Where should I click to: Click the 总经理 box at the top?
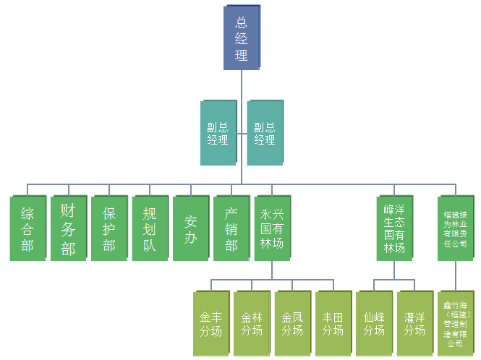[242, 38]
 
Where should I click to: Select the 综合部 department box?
[27, 228]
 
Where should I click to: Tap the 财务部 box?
[68, 228]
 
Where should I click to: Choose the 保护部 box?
[108, 228]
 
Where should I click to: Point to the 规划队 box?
[150, 228]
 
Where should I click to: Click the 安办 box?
[190, 228]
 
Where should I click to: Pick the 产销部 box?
[231, 228]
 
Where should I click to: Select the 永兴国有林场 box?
[271, 228]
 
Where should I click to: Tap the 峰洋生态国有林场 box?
[394, 228]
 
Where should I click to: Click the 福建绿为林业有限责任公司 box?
[456, 228]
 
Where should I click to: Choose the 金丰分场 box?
[210, 323]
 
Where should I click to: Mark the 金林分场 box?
[251, 323]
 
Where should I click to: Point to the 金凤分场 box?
[291, 323]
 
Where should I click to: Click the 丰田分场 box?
[333, 323]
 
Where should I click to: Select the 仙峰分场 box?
[373, 323]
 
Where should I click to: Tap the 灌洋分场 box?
[414, 323]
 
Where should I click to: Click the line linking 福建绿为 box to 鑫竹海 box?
[456, 275]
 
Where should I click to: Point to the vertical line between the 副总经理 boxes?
[242, 134]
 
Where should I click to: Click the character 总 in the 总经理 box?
[242, 22]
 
